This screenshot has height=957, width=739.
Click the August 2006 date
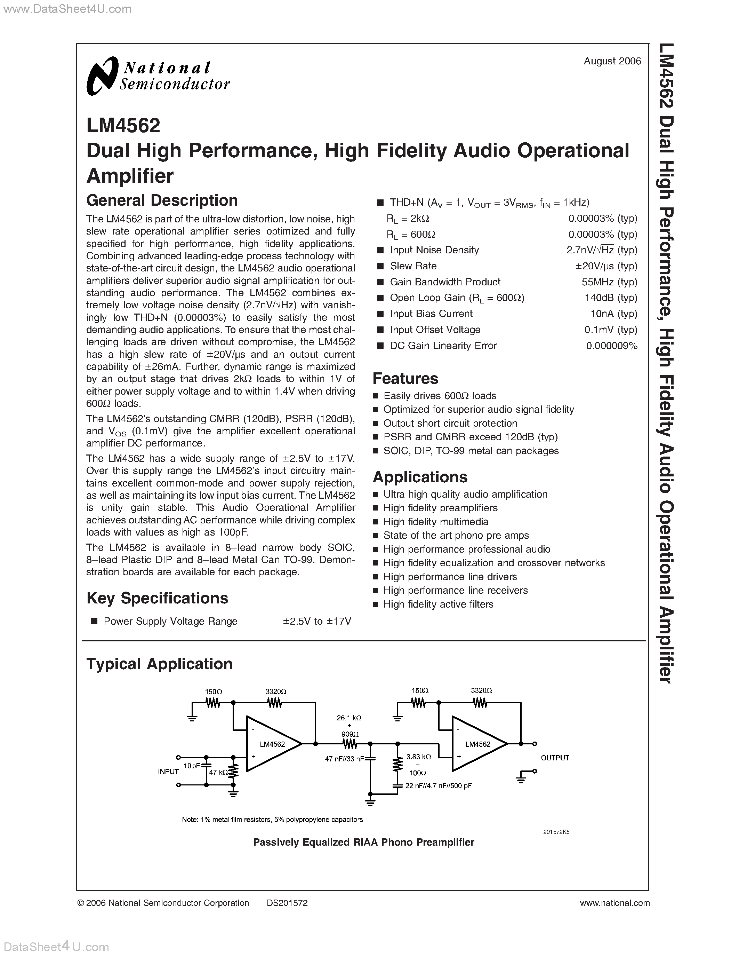pos(612,61)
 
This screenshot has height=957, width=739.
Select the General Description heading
pos(162,201)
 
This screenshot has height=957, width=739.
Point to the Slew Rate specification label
pos(413,266)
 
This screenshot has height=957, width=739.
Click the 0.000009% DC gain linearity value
pos(612,346)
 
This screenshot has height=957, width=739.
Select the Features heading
pos(405,379)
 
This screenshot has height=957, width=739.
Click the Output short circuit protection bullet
pos(450,423)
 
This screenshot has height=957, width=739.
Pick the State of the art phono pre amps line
pos(456,536)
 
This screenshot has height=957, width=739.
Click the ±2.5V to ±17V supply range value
pos(316,621)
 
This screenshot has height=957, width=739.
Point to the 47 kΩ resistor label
pos(218,773)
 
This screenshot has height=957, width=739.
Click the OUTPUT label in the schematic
pos(555,758)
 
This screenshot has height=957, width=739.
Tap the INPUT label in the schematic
pos(168,772)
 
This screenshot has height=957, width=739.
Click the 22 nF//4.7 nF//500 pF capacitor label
pos(438,786)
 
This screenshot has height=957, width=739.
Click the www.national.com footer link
pos(614,903)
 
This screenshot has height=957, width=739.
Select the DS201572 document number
pos(287,903)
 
